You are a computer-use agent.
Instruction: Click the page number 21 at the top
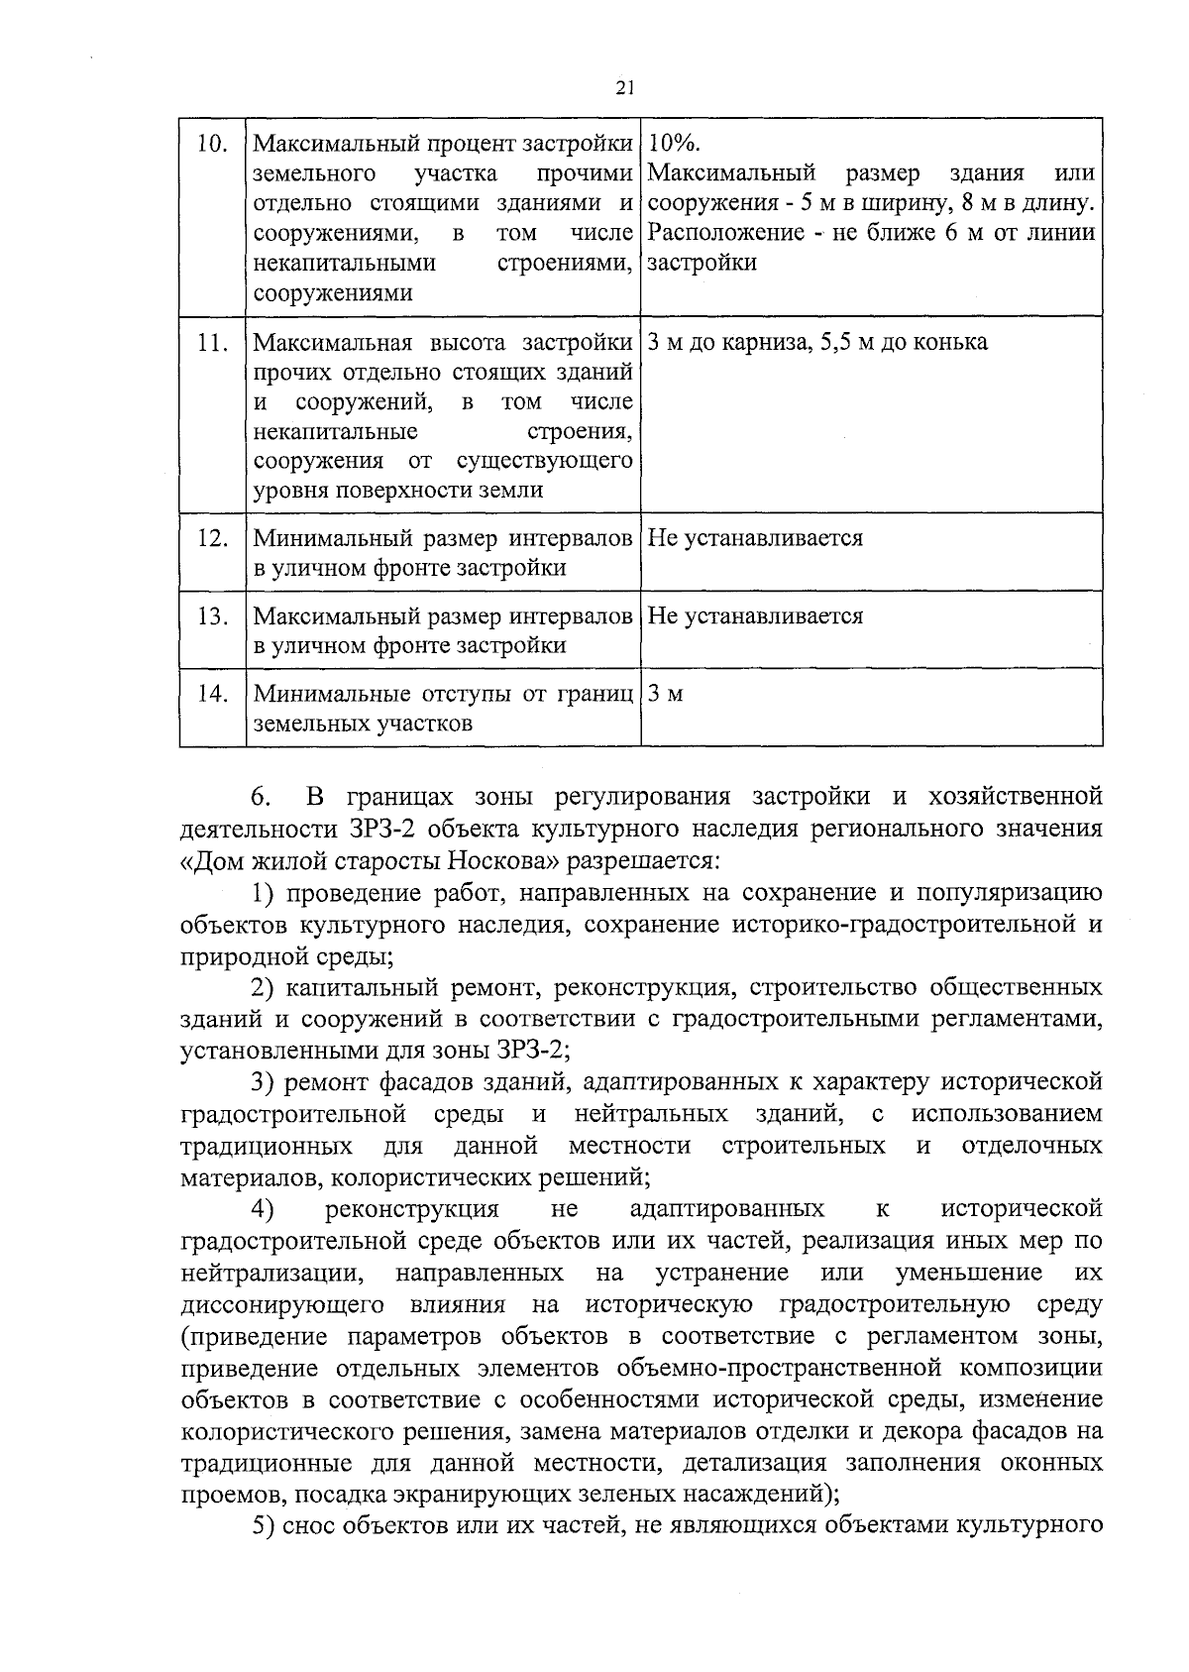[623, 88]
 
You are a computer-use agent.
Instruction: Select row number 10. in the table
[212, 145]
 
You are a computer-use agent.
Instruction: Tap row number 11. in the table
[212, 343]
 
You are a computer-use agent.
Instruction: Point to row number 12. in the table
[212, 539]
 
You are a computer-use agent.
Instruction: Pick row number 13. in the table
[212, 616]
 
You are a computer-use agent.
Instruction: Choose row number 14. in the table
[212, 694]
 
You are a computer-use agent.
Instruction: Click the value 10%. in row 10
[675, 145]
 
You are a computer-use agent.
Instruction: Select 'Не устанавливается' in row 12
[755, 538]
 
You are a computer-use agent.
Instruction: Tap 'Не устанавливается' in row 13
[755, 616]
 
